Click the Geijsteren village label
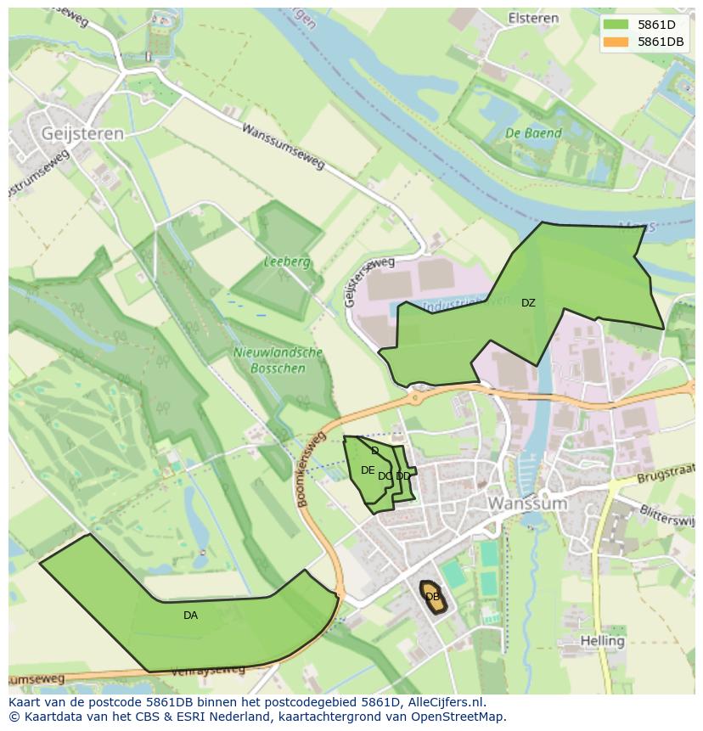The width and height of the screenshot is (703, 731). [x=82, y=133]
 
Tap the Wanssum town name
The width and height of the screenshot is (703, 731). [x=526, y=503]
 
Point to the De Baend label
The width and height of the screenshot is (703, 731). [x=533, y=133]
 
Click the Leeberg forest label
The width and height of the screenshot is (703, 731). [x=286, y=262]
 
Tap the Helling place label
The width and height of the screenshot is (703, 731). [x=602, y=640]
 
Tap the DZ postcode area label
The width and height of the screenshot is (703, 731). [x=528, y=303]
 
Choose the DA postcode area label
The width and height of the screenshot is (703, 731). [x=190, y=616]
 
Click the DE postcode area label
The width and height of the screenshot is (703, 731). [x=367, y=470]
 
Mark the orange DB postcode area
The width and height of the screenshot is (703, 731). [x=432, y=596]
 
